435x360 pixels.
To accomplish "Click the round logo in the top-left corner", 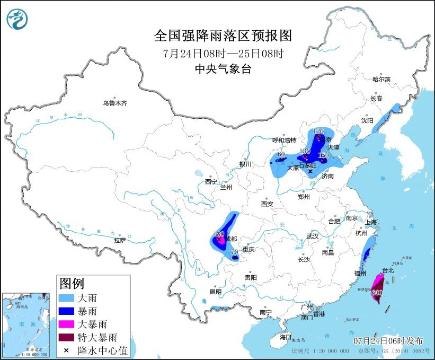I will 17,20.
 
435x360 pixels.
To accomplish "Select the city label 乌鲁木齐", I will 115,103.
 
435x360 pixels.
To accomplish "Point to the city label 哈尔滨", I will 380,80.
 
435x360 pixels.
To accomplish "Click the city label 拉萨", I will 120,240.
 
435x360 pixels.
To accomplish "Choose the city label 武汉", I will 313,236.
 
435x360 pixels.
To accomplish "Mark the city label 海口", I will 286,337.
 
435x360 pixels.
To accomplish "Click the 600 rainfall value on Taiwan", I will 377,292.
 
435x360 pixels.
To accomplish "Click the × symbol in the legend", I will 66,350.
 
